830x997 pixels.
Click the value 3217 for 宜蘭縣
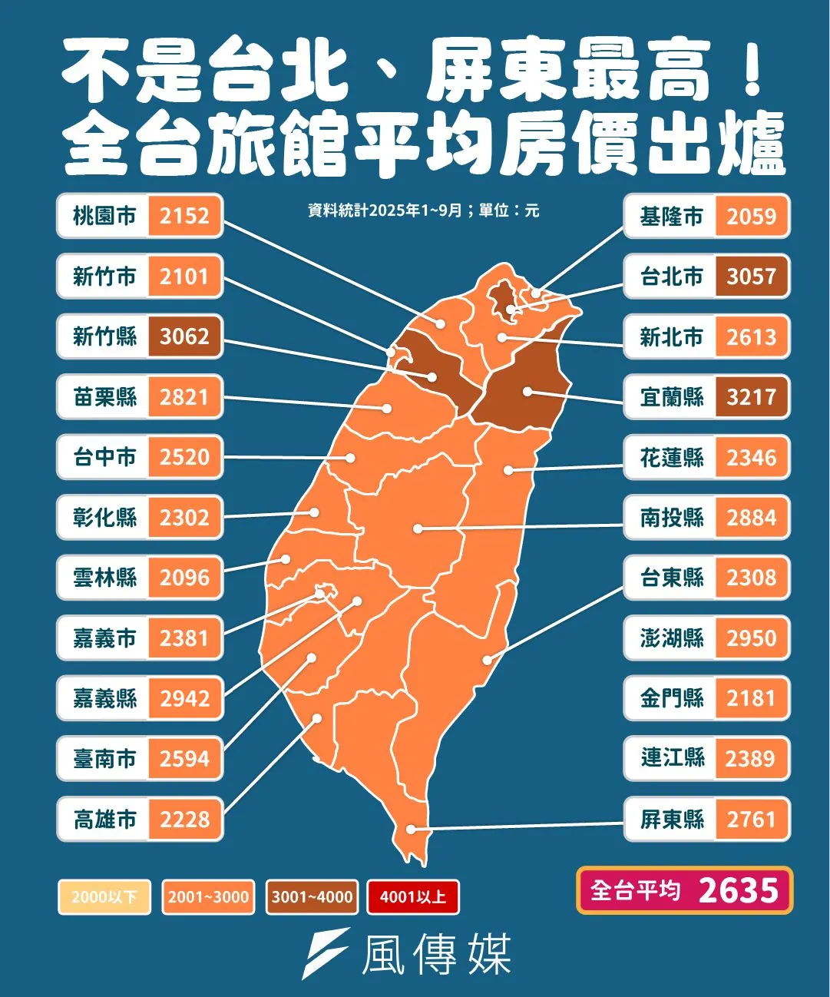coord(751,397)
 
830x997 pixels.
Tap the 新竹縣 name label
coord(104,336)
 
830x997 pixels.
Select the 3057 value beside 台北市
coord(751,277)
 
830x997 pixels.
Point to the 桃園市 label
coord(104,216)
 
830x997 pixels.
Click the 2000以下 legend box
coord(104,896)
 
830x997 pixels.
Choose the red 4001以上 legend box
coord(413,896)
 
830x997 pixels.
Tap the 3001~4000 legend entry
coord(312,896)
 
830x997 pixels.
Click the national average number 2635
coord(739,891)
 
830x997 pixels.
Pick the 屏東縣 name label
coord(672,820)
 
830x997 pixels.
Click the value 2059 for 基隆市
coord(751,217)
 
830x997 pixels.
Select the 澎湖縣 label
coord(672,638)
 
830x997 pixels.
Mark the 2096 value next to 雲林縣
coord(184,578)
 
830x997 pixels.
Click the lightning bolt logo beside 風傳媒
coord(326,952)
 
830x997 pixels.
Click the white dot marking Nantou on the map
coord(417,528)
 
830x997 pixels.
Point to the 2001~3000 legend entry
coord(208,896)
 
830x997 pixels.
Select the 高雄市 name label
coord(104,820)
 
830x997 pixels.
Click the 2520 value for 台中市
coord(184,457)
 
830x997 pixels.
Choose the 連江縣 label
coord(672,758)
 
